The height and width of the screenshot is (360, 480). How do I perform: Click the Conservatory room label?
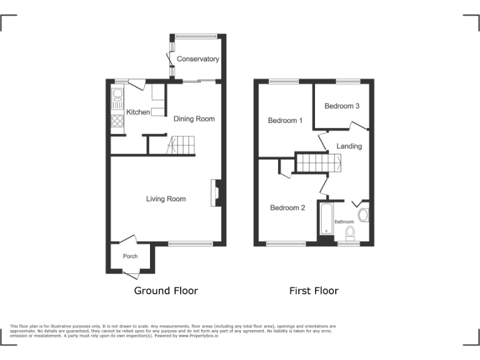[x=197, y=59]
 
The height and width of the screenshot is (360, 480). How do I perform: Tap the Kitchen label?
[x=138, y=112]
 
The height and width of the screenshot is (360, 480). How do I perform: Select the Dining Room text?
[x=194, y=119]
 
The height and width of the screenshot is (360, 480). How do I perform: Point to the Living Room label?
[x=166, y=199]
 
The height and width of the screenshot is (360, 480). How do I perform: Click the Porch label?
[x=130, y=256]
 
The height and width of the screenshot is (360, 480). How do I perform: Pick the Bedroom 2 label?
[x=287, y=207]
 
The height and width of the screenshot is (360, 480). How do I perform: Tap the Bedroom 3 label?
[x=342, y=106]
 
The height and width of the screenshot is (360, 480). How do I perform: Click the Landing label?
[x=349, y=146]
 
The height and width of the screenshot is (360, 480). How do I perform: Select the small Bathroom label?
[x=344, y=222]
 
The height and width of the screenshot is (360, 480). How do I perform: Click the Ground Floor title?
[x=166, y=291]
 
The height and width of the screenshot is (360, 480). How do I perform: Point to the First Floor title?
[x=314, y=291]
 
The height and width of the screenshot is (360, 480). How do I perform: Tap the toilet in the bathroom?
[x=350, y=234]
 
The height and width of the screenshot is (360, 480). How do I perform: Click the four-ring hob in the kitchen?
[x=117, y=121]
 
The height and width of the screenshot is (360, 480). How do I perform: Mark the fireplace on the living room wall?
[x=216, y=192]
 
